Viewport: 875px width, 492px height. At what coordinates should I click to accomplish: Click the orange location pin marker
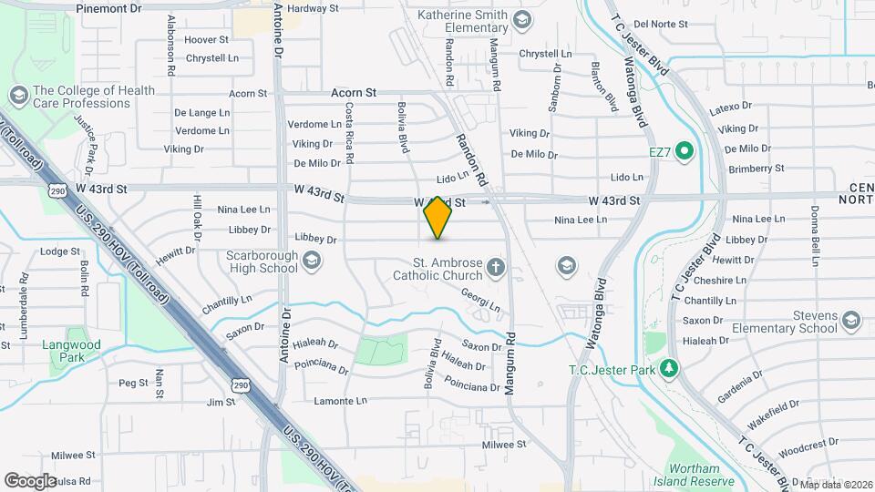click(x=437, y=218)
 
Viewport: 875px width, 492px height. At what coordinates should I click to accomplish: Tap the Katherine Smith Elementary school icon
click(x=522, y=20)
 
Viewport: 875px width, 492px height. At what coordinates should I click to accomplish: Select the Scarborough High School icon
click(x=312, y=262)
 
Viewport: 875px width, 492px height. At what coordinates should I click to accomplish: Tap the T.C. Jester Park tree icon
click(x=671, y=368)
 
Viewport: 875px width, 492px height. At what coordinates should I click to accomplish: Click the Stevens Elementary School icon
click(x=851, y=321)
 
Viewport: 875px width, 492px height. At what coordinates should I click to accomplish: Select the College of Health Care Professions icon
click(x=17, y=96)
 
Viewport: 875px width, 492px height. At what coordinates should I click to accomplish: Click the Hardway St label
click(x=313, y=7)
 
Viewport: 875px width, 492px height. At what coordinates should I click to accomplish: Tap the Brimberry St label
click(x=754, y=168)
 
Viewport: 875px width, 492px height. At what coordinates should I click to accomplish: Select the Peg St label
click(x=133, y=383)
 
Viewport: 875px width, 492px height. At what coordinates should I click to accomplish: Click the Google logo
click(x=30, y=480)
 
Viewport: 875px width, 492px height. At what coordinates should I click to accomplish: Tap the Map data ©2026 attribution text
click(x=836, y=485)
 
